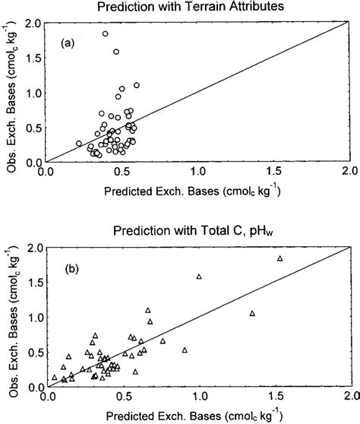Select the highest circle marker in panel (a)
(x=106, y=34)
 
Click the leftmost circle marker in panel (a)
(x=79, y=143)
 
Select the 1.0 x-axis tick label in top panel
(x=198, y=172)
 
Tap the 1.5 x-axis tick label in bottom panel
(x=274, y=397)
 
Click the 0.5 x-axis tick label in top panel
(x=123, y=172)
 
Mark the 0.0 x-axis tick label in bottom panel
(x=47, y=397)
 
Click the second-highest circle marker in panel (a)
(x=116, y=52)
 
